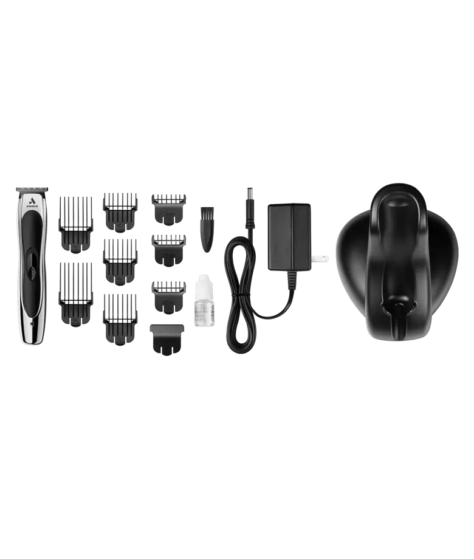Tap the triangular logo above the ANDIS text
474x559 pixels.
click(30, 198)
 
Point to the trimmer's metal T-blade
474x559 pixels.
click(29, 188)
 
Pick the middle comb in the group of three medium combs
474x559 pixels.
click(120, 261)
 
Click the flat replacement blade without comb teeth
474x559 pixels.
click(167, 339)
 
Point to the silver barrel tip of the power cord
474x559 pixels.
click(249, 193)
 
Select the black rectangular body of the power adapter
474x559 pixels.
click(289, 237)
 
